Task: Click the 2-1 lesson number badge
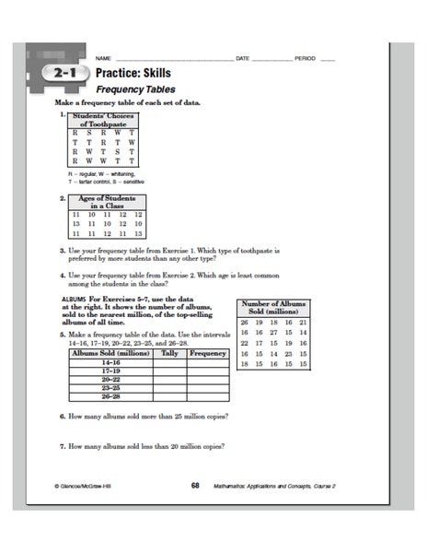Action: click(63, 73)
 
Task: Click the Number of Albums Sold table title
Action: click(273, 307)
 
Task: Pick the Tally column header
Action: click(170, 353)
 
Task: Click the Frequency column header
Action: click(208, 353)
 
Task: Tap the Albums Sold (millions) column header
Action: click(110, 353)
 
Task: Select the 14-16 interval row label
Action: click(110, 362)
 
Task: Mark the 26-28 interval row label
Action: click(110, 396)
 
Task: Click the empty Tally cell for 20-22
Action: click(170, 380)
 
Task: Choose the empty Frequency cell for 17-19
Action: click(208, 371)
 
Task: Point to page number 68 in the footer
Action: click(196, 484)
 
